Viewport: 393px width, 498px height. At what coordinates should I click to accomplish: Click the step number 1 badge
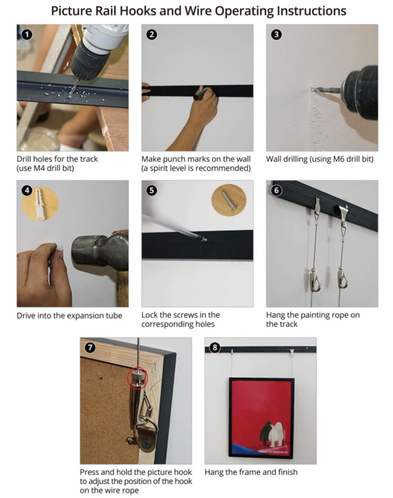coord(27,34)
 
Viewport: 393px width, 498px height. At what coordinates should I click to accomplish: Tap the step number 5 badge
coord(152,190)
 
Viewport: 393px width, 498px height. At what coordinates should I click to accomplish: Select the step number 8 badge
coord(215,348)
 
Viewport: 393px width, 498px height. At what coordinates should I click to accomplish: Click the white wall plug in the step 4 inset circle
coord(40,203)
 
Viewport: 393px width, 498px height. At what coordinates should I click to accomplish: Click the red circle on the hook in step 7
coord(137,378)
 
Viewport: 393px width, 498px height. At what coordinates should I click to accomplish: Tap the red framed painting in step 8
coord(262,418)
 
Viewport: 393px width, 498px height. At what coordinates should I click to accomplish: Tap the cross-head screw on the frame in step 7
coord(147,442)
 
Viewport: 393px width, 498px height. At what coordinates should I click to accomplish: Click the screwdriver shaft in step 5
coord(172,227)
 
